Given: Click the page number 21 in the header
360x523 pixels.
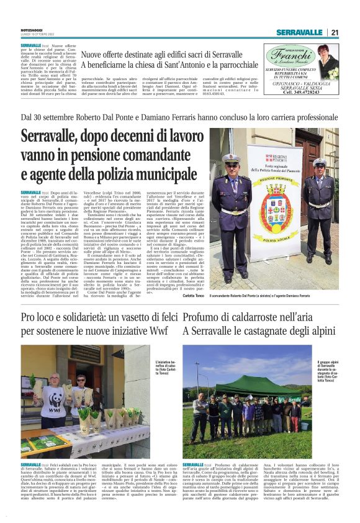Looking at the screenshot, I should (x=334, y=32).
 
